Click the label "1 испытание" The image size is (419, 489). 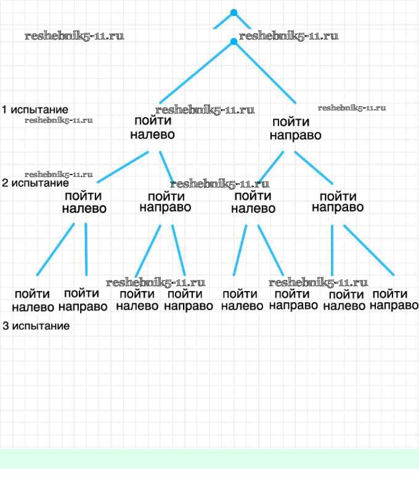tap(35, 110)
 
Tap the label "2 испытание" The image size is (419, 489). tap(35, 183)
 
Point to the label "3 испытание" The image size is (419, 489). tap(36, 326)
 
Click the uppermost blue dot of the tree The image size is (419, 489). tap(234, 12)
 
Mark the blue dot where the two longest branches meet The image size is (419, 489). tap(234, 42)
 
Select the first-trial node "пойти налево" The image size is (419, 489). tap(152, 128)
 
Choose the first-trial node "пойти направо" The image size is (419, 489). tap(296, 128)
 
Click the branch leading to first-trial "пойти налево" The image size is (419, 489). tap(196, 72)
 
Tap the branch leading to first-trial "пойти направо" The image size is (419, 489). tap(265, 72)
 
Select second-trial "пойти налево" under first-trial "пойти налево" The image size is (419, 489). tap(84, 202)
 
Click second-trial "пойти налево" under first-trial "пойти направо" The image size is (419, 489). tap(253, 202)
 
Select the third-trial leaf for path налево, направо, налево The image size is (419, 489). tap(137, 300)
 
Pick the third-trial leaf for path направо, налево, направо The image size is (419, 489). tap(293, 299)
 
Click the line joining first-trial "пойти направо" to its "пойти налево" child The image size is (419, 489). tap(270, 166)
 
